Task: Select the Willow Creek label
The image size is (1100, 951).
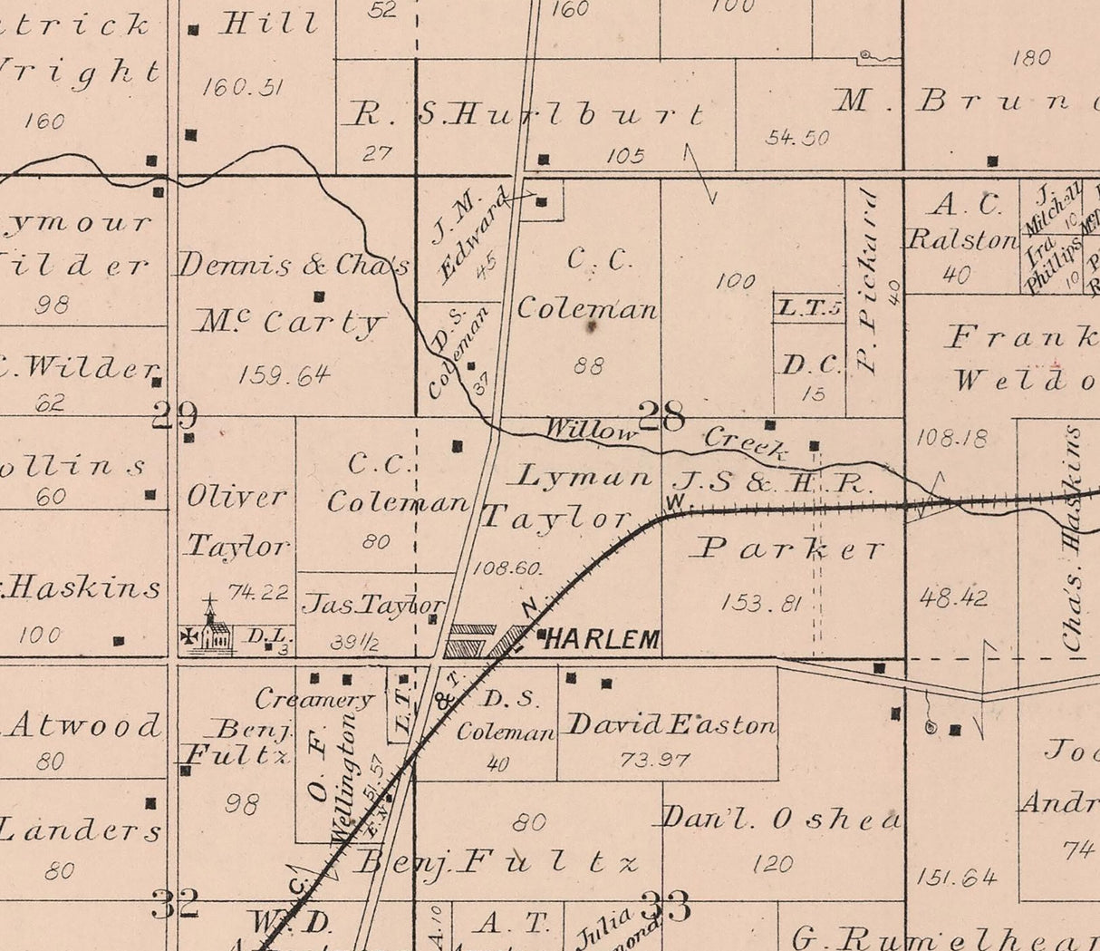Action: pos(666,436)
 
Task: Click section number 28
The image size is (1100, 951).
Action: pos(662,417)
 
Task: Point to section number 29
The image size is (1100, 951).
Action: pos(175,415)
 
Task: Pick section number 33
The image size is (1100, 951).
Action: pos(666,906)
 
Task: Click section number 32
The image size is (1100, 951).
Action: pos(175,904)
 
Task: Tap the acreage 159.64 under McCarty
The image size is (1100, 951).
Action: pos(285,374)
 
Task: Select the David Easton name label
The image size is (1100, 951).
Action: pos(671,725)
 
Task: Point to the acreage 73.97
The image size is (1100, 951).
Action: pos(655,760)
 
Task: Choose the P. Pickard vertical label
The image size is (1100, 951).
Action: pos(869,281)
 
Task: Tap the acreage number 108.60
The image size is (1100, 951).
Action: pos(507,568)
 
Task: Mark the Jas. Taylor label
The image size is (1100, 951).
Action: pos(374,605)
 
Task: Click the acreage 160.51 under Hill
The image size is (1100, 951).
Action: pos(243,87)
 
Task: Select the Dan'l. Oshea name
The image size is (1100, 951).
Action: pos(781,820)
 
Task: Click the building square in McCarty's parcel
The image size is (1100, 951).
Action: pos(319,296)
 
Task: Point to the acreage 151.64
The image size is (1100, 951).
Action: pos(956,877)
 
